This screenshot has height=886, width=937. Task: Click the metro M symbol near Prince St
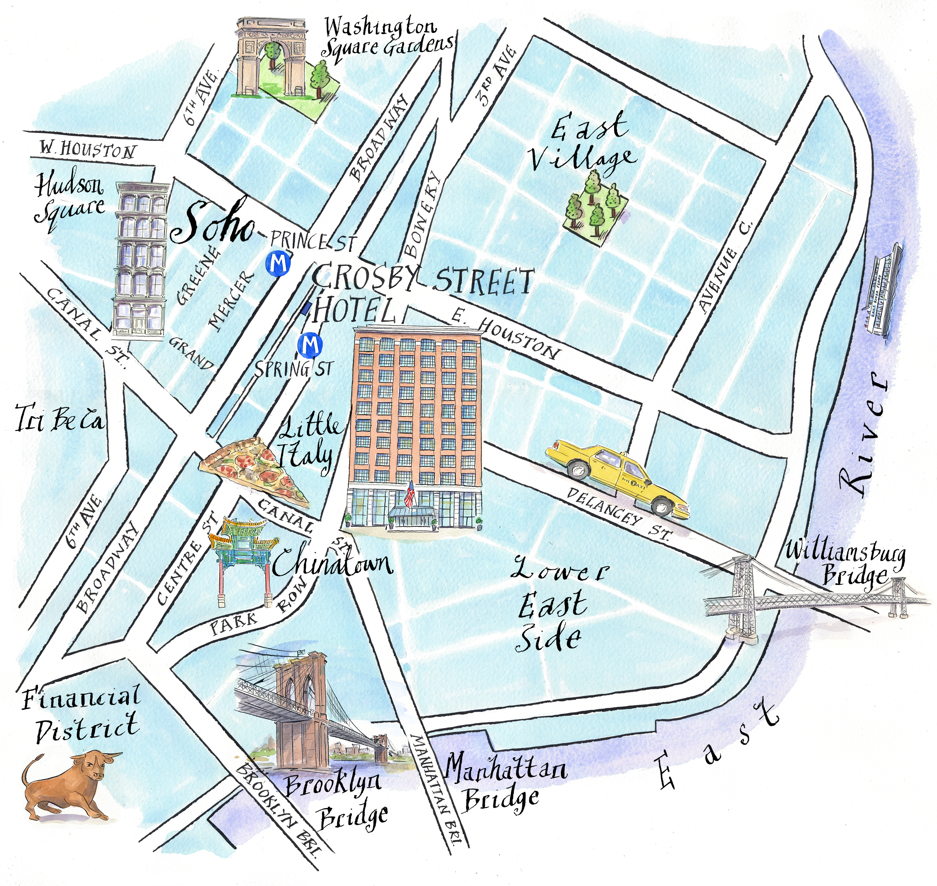pos(278,263)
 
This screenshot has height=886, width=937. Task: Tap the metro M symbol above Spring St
pos(310,345)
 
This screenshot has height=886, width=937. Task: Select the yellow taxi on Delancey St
pos(616,477)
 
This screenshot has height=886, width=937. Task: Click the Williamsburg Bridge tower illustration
pos(744,598)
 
